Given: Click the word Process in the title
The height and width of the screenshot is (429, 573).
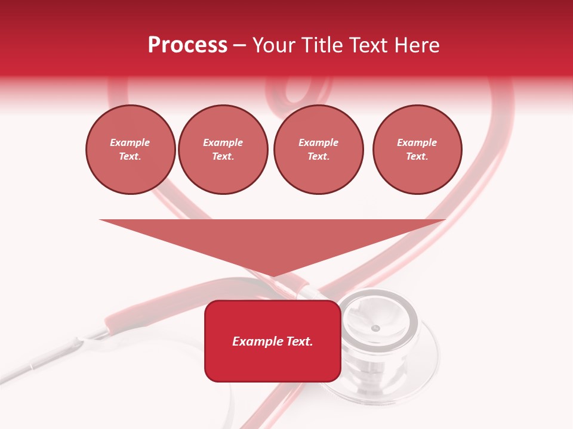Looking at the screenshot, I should [187, 45].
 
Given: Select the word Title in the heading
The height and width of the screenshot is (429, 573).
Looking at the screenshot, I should [324, 45].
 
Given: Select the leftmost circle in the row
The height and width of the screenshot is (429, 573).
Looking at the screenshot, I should [130, 150].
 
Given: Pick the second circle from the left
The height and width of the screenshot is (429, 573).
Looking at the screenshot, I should [223, 150].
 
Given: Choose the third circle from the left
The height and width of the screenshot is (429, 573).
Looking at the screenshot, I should [318, 150].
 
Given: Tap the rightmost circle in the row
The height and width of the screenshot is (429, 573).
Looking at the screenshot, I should [417, 150].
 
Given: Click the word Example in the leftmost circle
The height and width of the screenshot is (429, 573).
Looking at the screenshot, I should [130, 142].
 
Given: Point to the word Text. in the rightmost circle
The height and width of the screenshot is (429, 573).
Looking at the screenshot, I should [417, 157].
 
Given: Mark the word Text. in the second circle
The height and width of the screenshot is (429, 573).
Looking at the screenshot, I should [223, 157].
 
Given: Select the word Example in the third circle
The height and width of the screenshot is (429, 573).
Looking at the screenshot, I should [318, 142].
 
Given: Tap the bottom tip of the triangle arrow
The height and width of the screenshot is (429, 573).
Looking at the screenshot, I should [273, 275].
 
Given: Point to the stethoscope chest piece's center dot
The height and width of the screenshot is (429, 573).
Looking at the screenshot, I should [375, 328].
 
